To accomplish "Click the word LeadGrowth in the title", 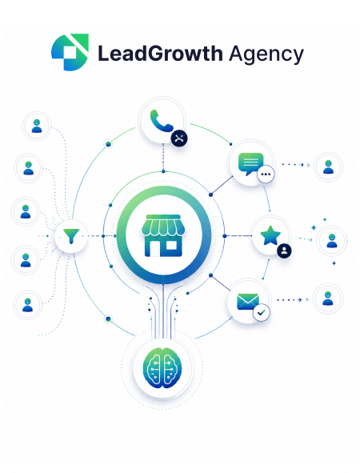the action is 160,54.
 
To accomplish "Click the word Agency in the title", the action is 266,54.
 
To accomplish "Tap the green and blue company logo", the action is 70,52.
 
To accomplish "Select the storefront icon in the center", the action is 163,235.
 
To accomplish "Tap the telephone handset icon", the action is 161,121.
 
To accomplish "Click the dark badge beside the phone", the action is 179,138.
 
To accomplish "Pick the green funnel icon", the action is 71,236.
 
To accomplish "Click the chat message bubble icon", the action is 250,164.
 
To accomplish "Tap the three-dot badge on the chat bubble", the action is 266,174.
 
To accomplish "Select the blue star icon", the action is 270,235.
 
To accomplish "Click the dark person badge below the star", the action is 284,251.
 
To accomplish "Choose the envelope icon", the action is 248,302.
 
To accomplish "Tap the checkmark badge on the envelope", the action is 262,312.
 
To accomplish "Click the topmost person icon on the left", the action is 37,126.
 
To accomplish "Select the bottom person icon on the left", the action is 28,305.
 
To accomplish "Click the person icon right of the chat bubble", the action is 328,166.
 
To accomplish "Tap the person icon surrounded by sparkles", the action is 332,241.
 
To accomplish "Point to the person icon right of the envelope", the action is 328,299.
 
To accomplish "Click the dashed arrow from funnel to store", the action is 102,236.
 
